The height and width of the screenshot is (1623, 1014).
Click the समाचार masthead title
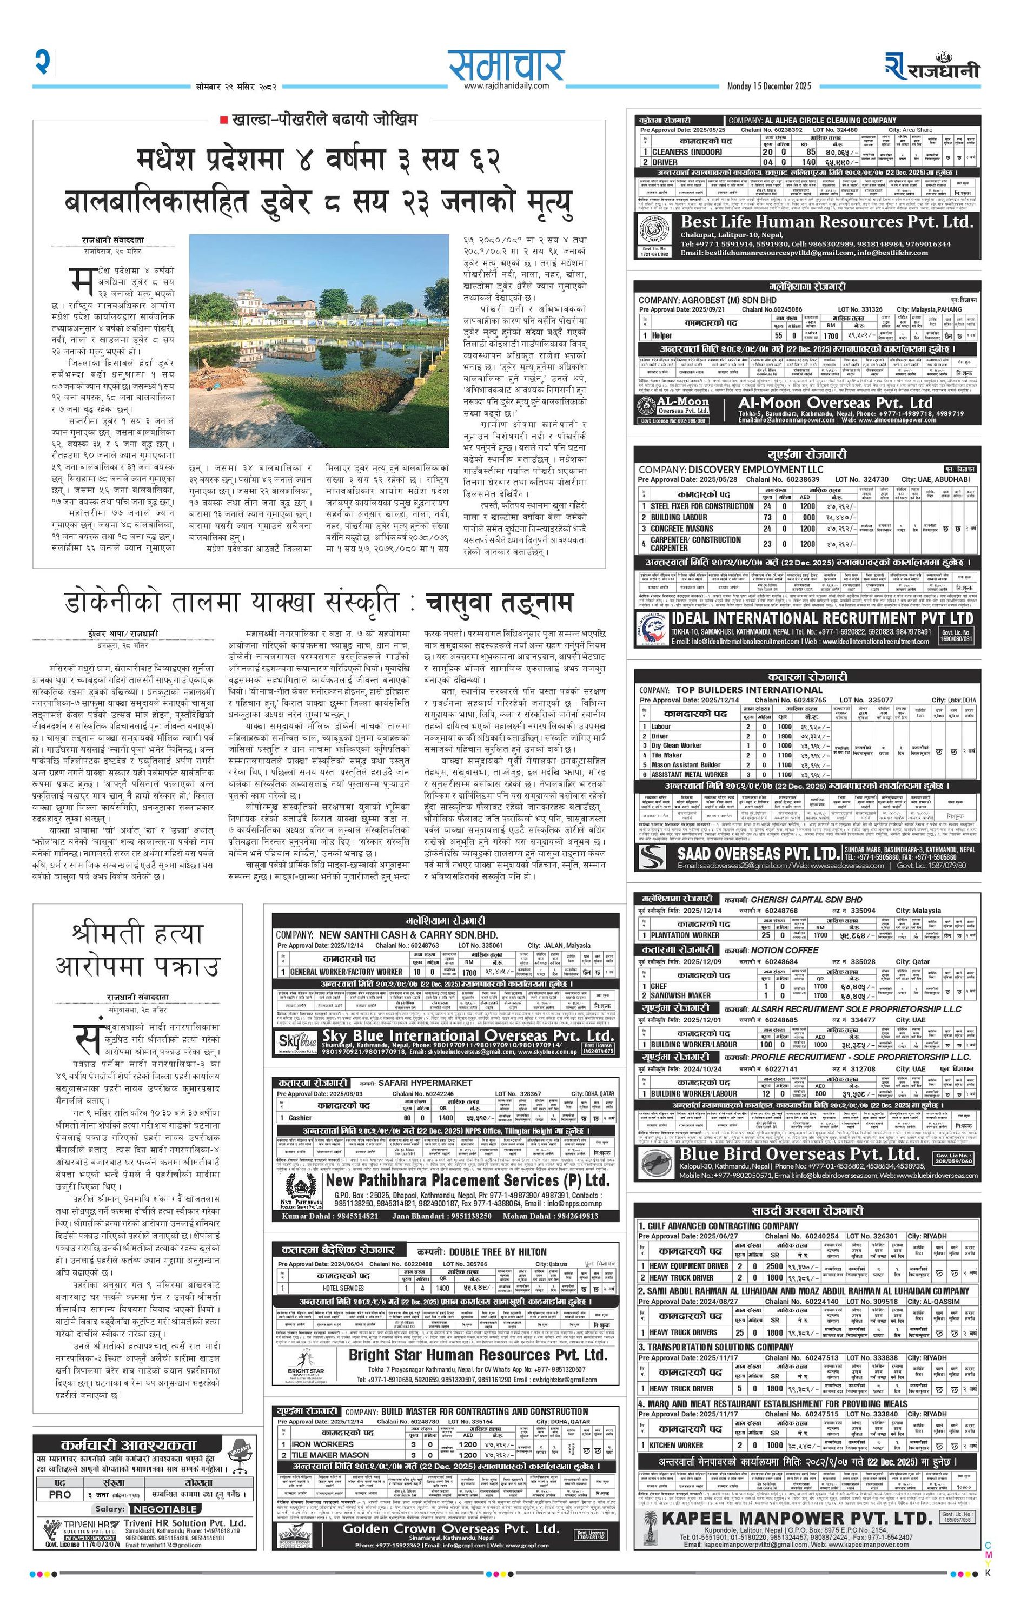point(506,65)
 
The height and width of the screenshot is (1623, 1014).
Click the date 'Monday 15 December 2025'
point(769,86)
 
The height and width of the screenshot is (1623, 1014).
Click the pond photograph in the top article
point(319,341)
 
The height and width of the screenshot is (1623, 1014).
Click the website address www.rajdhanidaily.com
point(506,86)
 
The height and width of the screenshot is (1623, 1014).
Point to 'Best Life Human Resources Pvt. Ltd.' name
point(826,222)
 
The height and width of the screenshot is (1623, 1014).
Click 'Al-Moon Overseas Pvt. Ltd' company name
point(835,403)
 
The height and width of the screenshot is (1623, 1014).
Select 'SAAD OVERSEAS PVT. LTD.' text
point(757,854)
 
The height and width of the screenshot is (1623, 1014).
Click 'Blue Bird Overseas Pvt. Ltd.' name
point(798,1153)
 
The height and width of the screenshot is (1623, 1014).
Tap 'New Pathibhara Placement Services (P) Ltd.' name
point(467,1180)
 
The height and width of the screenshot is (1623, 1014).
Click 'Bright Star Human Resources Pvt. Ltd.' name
point(478,1354)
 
